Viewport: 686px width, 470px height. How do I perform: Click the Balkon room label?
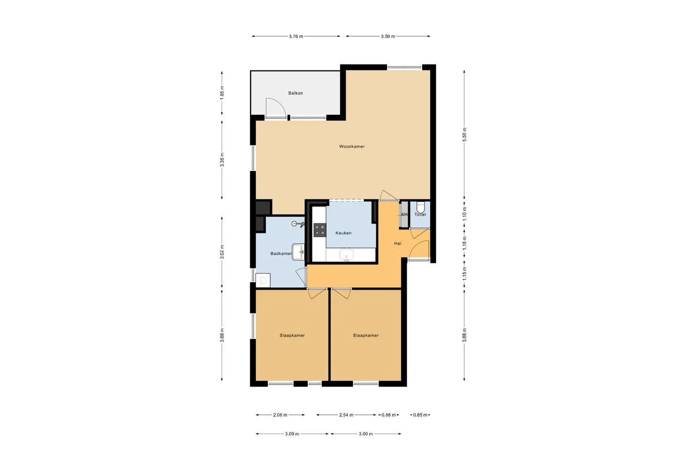pos(295,93)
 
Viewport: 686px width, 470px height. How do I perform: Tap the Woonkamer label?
pos(352,146)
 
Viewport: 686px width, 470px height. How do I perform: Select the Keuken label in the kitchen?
pos(343,233)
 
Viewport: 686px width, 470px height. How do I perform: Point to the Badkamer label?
pos(281,253)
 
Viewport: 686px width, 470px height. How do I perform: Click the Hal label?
pos(397,243)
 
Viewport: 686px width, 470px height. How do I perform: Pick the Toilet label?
pos(420,215)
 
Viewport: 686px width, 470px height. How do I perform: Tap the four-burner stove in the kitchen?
pos(320,230)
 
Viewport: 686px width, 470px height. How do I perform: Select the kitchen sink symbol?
pos(346,255)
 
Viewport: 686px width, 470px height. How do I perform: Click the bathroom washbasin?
pos(298,252)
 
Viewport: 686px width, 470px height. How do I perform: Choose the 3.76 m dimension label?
pos(296,37)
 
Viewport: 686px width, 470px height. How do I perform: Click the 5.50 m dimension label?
pos(464,134)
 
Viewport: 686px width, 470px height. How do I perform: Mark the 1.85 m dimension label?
pos(222,92)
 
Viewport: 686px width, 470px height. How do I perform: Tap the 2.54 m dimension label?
pos(346,415)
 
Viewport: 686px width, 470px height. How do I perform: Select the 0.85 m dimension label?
pos(420,415)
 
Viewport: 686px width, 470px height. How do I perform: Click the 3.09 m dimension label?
pos(292,434)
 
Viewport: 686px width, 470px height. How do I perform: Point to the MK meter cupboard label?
pos(404,215)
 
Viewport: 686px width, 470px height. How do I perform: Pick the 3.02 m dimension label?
pos(222,252)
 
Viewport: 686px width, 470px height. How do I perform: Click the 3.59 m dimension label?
pos(388,37)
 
